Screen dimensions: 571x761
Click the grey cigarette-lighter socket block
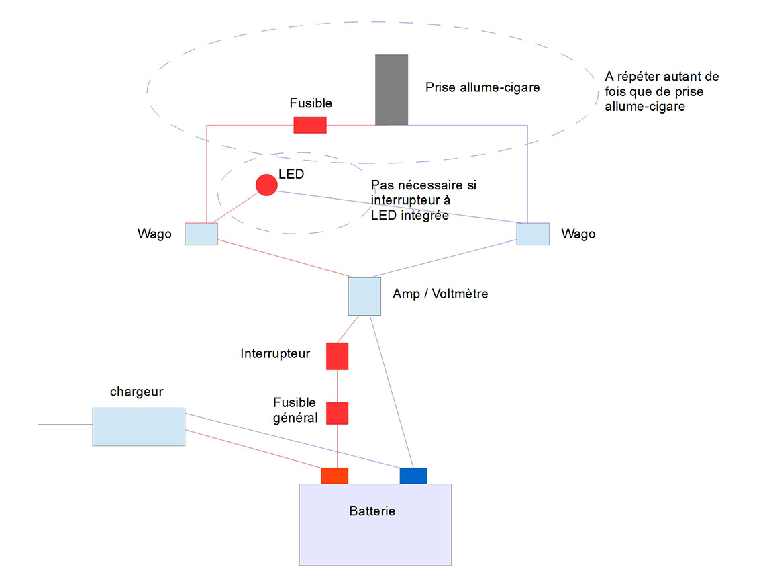[x=391, y=90]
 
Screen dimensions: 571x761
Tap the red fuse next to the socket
[x=310, y=125]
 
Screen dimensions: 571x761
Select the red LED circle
[x=266, y=185]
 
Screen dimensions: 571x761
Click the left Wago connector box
[x=201, y=234]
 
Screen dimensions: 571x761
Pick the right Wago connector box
[x=533, y=233]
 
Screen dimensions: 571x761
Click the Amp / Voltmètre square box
[x=364, y=296]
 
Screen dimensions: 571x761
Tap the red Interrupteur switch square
[x=337, y=356]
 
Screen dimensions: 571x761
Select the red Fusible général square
[x=337, y=413]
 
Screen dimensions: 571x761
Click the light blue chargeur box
[x=138, y=427]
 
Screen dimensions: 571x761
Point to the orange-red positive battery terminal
[x=334, y=476]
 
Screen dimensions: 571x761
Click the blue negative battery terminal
[x=413, y=476]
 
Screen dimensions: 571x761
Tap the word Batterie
[x=372, y=511]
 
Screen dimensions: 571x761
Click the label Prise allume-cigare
[x=483, y=87]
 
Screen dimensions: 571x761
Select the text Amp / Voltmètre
[x=440, y=294]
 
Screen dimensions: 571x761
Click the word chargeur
[x=137, y=392]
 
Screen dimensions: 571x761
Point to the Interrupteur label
[x=275, y=353]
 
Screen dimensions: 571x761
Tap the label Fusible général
[x=295, y=410]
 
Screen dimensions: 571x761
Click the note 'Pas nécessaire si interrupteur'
[x=423, y=200]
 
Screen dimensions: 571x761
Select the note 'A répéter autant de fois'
[x=662, y=91]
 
